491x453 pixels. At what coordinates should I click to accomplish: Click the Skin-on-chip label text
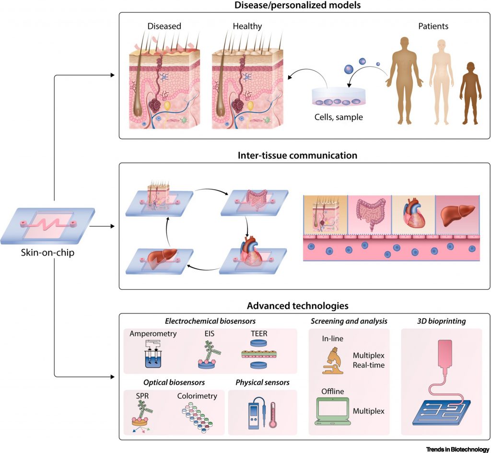tap(44, 253)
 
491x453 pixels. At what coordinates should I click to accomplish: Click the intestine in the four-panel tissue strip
tap(370, 213)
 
